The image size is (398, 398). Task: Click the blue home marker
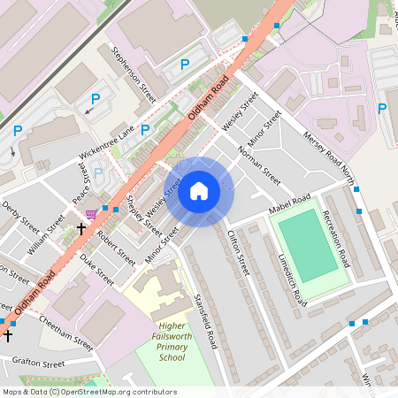[x=199, y=191]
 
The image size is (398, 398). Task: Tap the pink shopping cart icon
[x=92, y=213]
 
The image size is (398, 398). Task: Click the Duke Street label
[x=97, y=269]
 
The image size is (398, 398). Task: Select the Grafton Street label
[x=38, y=363]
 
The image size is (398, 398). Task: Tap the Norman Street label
[x=259, y=165]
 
